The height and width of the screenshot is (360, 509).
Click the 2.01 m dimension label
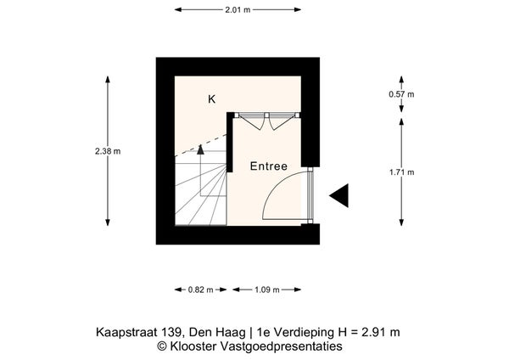tap(238, 9)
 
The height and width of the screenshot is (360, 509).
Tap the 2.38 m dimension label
tap(108, 151)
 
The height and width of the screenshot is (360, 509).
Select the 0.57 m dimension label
tap(401, 94)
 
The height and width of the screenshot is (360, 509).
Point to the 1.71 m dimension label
tap(402, 172)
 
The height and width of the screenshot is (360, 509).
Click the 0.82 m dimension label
tap(200, 290)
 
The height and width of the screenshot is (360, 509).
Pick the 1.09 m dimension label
tap(267, 290)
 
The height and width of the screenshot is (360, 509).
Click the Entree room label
tap(269, 166)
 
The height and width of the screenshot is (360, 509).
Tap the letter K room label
tap(211, 99)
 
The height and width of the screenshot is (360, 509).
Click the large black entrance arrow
tap(338, 195)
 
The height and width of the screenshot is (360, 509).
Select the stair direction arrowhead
tap(200, 149)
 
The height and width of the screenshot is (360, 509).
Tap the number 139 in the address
tap(167, 332)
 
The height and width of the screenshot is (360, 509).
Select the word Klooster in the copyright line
tap(193, 346)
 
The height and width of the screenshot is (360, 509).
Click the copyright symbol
tap(162, 346)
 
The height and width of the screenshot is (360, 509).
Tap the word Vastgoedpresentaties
tap(281, 346)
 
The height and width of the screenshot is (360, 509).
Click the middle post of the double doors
tap(267, 115)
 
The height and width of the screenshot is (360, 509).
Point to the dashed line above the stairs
tap(200, 145)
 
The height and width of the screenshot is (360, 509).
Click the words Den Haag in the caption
tap(217, 332)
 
